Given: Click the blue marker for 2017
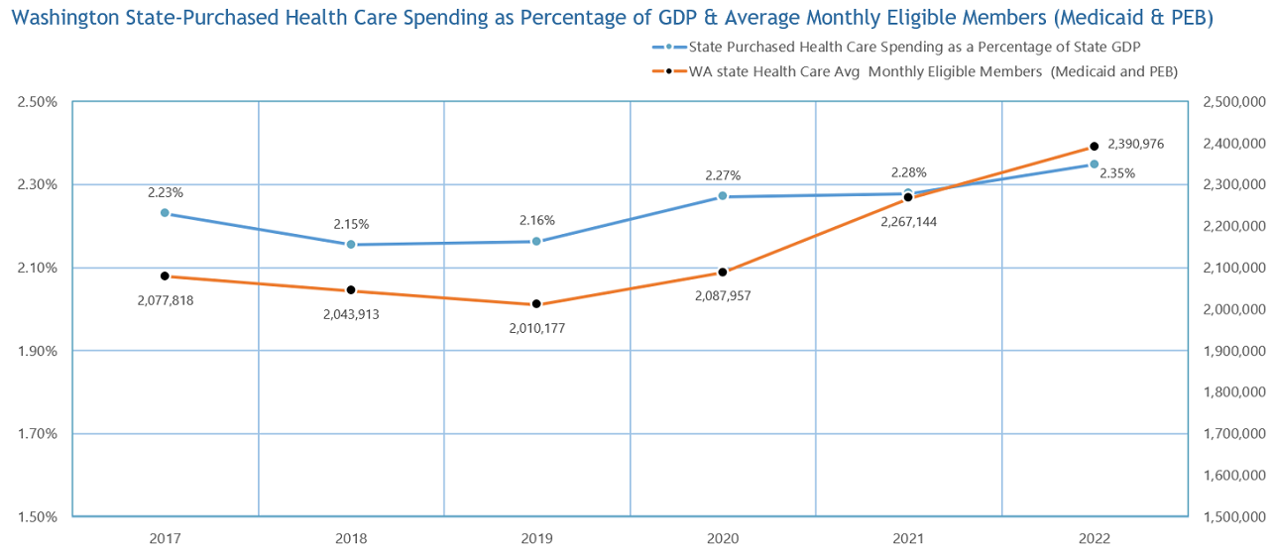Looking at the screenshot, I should [165, 213].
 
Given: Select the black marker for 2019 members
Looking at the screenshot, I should [536, 304].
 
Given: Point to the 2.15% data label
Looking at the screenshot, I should [351, 224].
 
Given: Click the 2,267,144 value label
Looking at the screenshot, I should [908, 221].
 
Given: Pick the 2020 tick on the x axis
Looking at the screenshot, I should [723, 538].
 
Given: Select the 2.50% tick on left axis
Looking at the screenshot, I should [38, 102].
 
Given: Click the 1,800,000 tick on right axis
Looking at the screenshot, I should [1234, 392].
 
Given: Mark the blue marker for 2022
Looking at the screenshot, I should [1095, 165].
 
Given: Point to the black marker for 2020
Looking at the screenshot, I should [723, 272].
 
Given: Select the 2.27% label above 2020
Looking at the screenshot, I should [723, 175].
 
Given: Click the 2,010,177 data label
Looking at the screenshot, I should [536, 327].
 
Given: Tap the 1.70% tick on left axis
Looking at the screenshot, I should [38, 434].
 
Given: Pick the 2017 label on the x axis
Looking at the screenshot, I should [165, 538].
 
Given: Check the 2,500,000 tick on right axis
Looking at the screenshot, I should [1234, 102].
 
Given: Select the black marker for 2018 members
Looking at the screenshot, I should [351, 290].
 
